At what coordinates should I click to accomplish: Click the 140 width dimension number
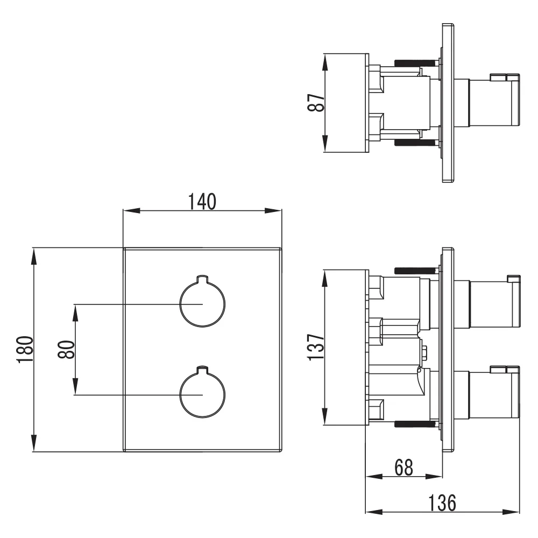[x=202, y=202]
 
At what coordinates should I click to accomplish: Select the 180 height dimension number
[x=25, y=349]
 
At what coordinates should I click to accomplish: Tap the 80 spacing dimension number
[x=66, y=349]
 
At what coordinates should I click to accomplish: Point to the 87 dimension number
[x=316, y=103]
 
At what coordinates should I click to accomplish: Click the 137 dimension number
[x=316, y=347]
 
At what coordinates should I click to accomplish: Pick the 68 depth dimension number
[x=403, y=468]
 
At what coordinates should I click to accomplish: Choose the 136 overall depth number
[x=442, y=503]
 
